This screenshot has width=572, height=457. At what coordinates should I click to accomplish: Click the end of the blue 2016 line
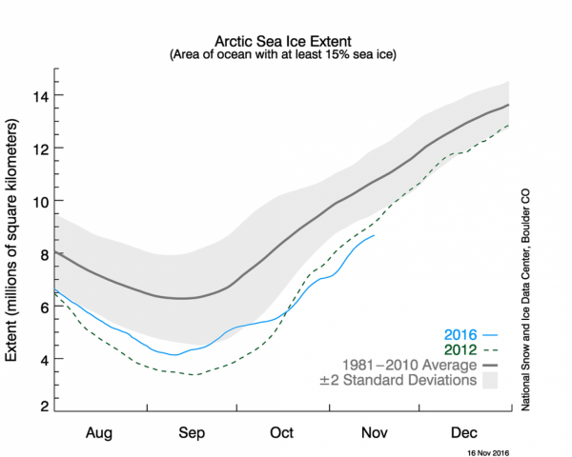[x=375, y=235]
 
